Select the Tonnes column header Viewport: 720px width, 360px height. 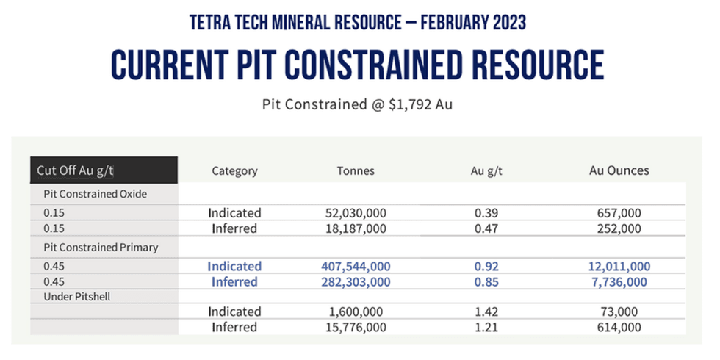(356, 170)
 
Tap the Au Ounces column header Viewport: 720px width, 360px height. (619, 170)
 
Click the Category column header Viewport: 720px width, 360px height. (234, 170)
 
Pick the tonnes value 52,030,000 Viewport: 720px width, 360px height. (356, 213)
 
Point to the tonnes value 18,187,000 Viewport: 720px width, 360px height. (356, 228)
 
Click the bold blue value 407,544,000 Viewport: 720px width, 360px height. (356, 266)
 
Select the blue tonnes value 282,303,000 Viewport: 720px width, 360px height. (356, 282)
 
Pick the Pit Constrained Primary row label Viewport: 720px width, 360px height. (97, 248)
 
